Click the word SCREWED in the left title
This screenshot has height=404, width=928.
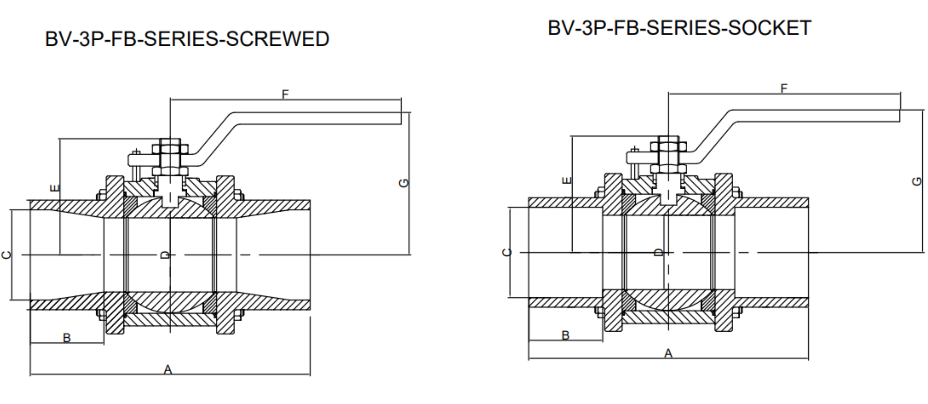[x=277, y=39]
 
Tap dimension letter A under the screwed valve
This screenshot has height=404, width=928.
[x=168, y=370]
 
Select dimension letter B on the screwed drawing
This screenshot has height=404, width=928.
[x=67, y=338]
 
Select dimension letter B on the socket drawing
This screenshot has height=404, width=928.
[x=566, y=335]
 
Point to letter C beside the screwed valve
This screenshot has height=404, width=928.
[x=6, y=255]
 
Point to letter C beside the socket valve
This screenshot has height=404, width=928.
[x=507, y=252]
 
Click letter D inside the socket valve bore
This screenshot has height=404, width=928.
[x=658, y=252]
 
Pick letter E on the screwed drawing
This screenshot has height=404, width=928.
[x=54, y=188]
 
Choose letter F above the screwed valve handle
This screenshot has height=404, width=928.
[x=285, y=95]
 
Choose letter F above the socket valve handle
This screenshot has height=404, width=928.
[x=784, y=88]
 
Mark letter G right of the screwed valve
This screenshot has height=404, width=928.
[x=404, y=183]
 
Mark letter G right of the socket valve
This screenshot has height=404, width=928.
[x=916, y=181]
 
